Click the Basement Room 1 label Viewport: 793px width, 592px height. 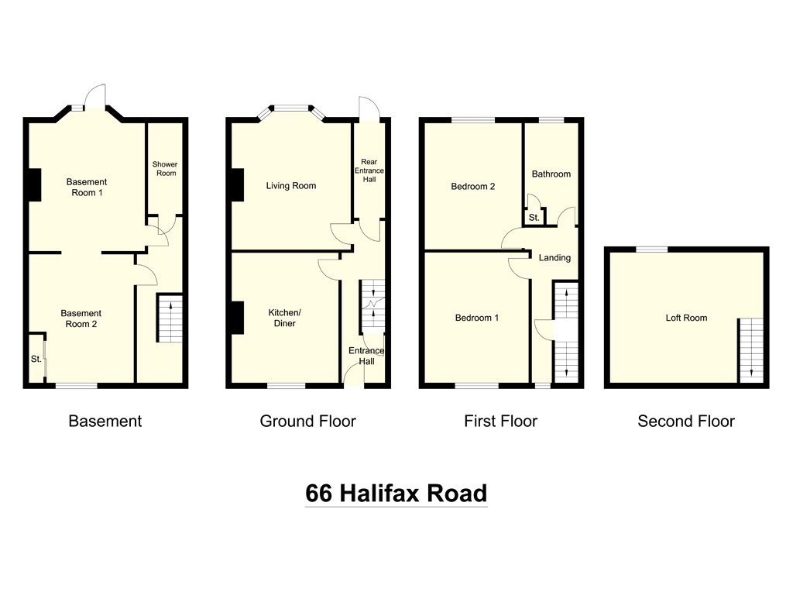pyautogui.click(x=87, y=188)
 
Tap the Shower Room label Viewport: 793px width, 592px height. pyautogui.click(x=164, y=168)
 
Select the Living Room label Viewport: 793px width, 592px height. pyautogui.click(x=291, y=186)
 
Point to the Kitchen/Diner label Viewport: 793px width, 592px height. pyautogui.click(x=284, y=318)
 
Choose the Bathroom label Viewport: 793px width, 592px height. pyautogui.click(x=551, y=174)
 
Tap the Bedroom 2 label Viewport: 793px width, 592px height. pyautogui.click(x=474, y=187)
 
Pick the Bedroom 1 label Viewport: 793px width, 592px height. pyautogui.click(x=476, y=318)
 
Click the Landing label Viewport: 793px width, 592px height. pyautogui.click(x=554, y=258)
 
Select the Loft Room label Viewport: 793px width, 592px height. pyautogui.click(x=686, y=318)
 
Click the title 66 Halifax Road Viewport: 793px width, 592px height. pyautogui.click(x=396, y=494)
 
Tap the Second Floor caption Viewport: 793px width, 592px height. pyautogui.click(x=686, y=422)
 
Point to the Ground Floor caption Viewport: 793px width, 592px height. pyautogui.click(x=307, y=422)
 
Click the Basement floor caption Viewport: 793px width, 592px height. pyautogui.click(x=105, y=422)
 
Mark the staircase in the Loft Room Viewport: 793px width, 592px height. pyautogui.click(x=750, y=349)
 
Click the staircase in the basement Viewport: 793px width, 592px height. pyautogui.click(x=170, y=318)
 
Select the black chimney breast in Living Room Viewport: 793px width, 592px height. pyautogui.click(x=235, y=186)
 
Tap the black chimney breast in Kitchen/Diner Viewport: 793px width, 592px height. pyautogui.click(x=235, y=318)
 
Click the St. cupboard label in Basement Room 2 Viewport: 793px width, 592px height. pyautogui.click(x=36, y=360)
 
